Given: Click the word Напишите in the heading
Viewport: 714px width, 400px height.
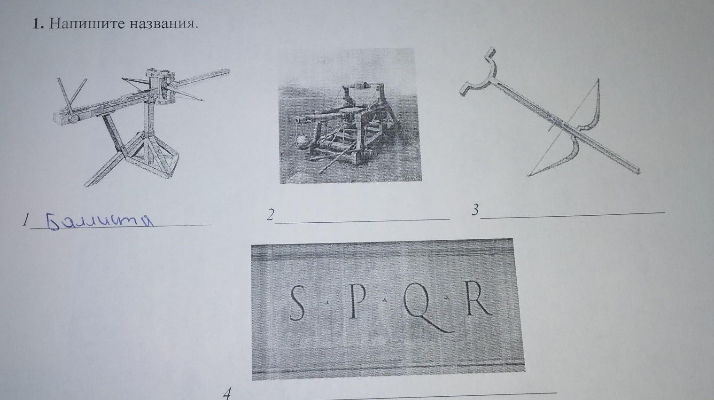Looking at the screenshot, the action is [x=85, y=24].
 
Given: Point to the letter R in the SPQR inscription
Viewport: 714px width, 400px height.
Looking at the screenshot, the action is [x=478, y=298].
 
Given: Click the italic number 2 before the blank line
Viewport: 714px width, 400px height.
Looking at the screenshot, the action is [x=270, y=215].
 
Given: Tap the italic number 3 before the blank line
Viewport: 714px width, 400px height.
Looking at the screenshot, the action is [x=475, y=210].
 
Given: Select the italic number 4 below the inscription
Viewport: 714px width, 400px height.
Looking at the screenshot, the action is [x=227, y=394].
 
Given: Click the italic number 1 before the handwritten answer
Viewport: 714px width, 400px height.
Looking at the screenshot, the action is [x=25, y=220].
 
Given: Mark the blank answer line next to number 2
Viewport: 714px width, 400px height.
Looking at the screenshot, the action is [x=363, y=221].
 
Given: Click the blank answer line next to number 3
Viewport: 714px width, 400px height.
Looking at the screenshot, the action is [x=573, y=215].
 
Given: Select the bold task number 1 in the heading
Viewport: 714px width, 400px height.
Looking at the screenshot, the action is [x=38, y=24].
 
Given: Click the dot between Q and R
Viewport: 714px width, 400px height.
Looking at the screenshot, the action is [x=447, y=298].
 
